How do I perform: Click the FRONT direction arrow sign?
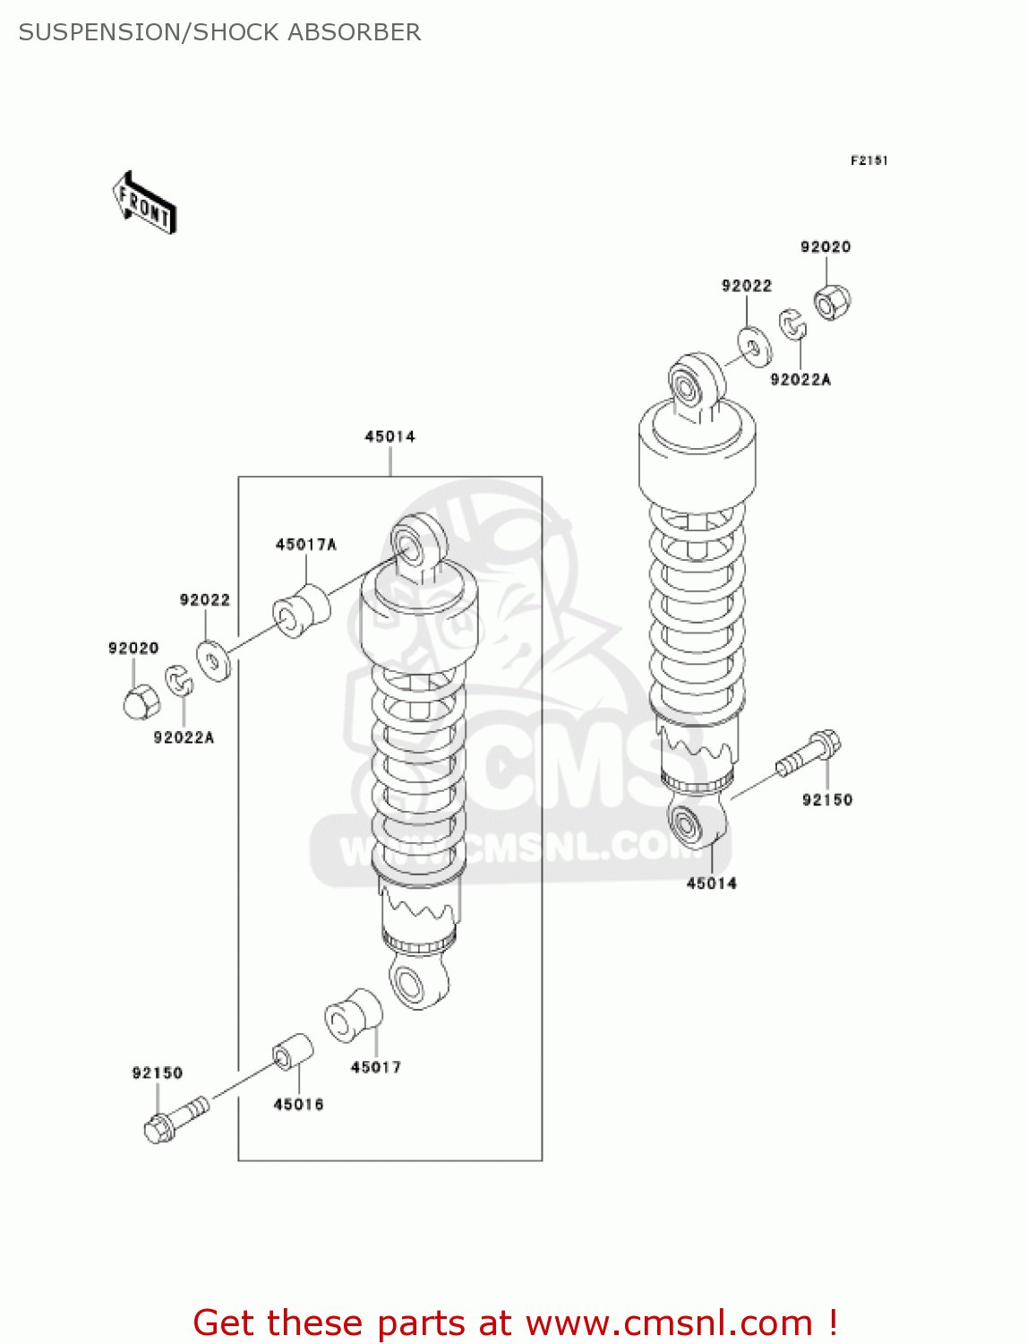click(144, 203)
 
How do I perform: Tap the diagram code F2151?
click(869, 160)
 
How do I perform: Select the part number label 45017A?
click(305, 545)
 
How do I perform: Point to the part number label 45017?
click(375, 1067)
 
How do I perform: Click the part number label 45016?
click(298, 1105)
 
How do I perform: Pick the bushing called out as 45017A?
click(301, 611)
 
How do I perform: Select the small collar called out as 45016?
click(292, 1052)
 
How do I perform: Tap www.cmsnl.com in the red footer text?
click(668, 1323)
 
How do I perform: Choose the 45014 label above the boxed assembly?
click(389, 437)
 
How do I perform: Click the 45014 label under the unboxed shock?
click(711, 883)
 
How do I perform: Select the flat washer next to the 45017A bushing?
click(213, 662)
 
